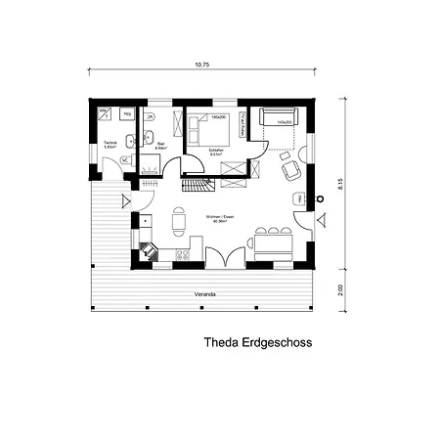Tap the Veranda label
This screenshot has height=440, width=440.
point(204,293)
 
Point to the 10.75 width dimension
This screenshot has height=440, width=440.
point(202,66)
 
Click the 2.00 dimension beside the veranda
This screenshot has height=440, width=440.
point(339,289)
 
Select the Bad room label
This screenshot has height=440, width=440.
point(160,145)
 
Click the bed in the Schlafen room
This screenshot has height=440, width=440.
point(210,128)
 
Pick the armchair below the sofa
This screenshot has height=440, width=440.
point(290,170)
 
